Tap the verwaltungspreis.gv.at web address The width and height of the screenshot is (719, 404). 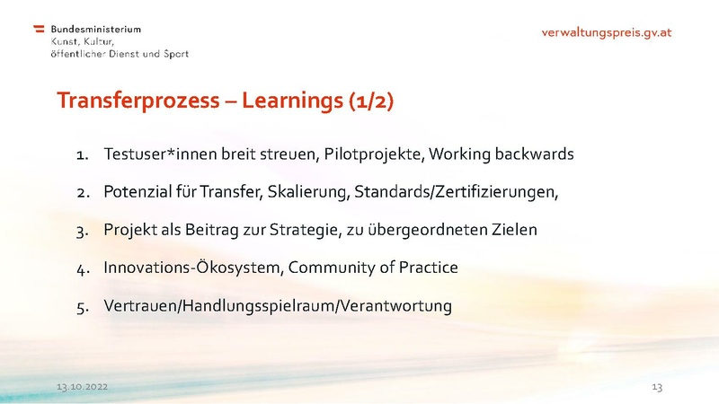(607, 32)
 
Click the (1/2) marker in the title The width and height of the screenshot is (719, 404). (370, 101)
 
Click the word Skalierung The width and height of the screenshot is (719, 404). (305, 191)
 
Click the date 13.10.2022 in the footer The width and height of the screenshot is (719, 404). (83, 386)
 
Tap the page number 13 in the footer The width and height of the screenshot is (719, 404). (656, 386)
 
